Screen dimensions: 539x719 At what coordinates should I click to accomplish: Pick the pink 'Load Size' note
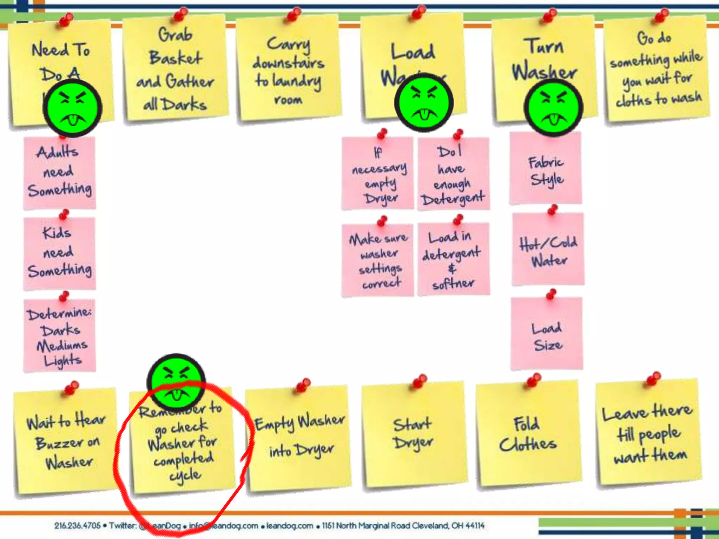click(x=547, y=335)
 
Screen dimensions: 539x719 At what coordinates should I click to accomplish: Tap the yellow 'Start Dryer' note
click(x=414, y=435)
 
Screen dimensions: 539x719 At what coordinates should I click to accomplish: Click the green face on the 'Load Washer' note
click(x=424, y=103)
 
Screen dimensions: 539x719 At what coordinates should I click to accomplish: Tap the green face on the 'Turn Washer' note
click(x=553, y=107)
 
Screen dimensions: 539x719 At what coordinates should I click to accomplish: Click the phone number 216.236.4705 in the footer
click(x=77, y=525)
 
